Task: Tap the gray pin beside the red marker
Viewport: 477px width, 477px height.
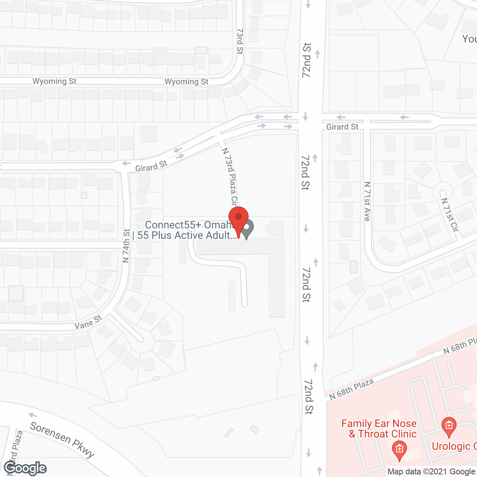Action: pos(247,228)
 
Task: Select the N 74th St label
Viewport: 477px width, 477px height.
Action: pos(126,246)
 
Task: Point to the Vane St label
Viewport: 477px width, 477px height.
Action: pos(88,322)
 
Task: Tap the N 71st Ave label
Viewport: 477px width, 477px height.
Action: pos(367,201)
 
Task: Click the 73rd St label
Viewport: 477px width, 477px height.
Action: pos(240,41)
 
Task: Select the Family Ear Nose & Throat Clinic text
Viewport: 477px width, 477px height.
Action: pos(379,429)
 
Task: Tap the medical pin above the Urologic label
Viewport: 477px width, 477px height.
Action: pos(449,426)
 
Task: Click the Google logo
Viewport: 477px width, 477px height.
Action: pos(25,468)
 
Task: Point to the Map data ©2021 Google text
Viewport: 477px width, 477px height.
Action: pos(432,472)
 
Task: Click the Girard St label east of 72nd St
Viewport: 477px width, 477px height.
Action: pos(342,127)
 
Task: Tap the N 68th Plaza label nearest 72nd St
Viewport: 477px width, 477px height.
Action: pos(351,389)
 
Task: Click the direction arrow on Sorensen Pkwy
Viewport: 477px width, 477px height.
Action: pos(33,415)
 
